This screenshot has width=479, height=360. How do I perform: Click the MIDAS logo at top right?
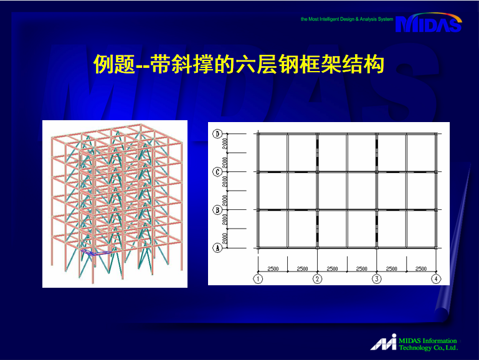pos(429,22)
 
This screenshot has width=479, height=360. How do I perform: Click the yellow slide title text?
pos(239,64)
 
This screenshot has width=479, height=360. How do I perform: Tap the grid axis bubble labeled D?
pos(217,134)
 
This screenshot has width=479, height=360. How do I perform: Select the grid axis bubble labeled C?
pos(217,172)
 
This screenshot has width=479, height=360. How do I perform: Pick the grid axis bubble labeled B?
pos(217,210)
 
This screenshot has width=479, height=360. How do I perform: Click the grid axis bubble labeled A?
pos(217,248)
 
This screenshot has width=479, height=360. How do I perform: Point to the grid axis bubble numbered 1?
pos(258,279)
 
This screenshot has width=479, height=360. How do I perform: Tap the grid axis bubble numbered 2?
pos(318,279)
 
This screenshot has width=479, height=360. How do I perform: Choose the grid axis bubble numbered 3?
pos(377,279)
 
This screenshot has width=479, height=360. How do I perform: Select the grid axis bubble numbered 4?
pos(436,279)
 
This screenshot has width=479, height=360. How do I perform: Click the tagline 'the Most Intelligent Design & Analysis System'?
pos(347,19)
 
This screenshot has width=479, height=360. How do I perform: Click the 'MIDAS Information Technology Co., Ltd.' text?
pos(429,344)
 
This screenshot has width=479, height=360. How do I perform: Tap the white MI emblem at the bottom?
pos(384,342)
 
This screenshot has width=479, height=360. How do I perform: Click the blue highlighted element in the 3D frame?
pos(95,252)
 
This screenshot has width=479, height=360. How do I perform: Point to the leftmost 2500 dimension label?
pos(273,268)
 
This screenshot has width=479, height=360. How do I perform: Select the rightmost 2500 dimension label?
pos(421,268)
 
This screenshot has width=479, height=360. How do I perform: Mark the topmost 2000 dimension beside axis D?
pos(225,143)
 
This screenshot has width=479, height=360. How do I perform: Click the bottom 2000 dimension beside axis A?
pos(225,239)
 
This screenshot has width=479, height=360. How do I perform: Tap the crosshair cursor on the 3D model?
pos(80,160)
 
